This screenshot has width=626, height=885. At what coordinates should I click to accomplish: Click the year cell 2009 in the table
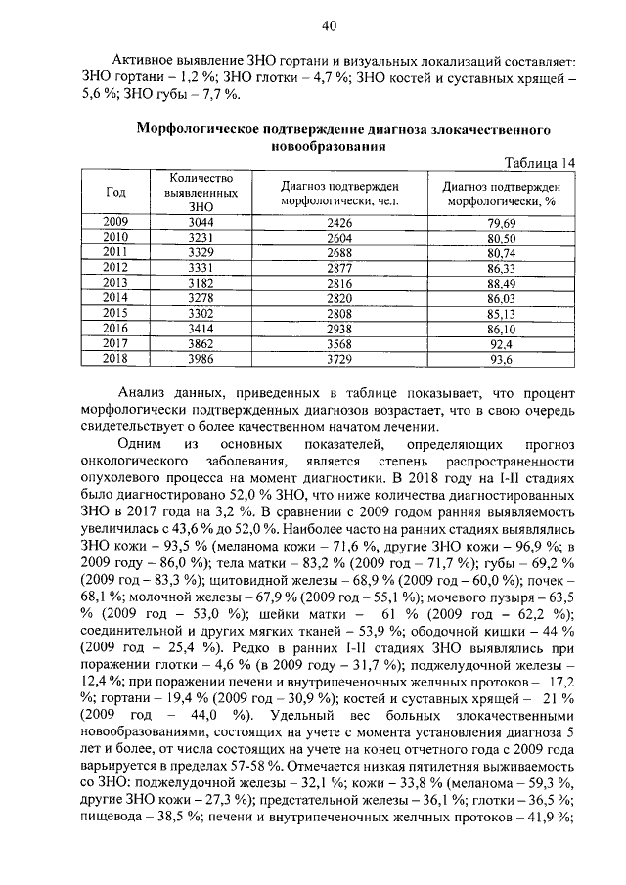(114, 222)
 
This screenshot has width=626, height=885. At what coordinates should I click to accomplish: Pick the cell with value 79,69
(501, 223)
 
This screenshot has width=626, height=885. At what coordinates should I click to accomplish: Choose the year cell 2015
(114, 313)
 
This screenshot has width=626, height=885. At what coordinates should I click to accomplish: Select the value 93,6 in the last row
(501, 359)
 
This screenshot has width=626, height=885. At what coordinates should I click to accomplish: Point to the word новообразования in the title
(328, 146)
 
